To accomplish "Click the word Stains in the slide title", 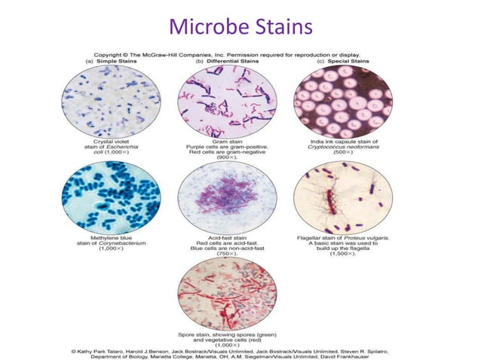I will [280, 29].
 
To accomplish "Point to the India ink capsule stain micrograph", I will [343, 100].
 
